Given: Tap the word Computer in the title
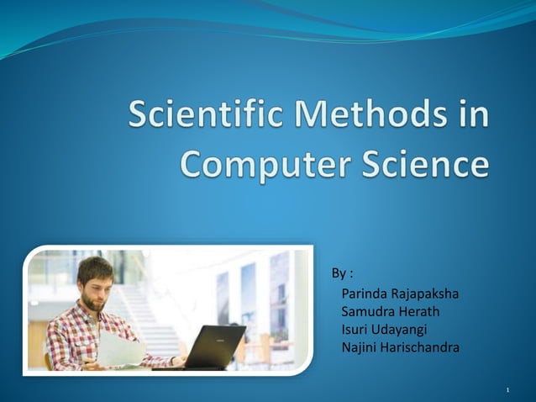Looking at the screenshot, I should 265,162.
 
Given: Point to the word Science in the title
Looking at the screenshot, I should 426,162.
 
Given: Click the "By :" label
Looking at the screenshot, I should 342,273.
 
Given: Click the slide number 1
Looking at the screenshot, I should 509,391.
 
